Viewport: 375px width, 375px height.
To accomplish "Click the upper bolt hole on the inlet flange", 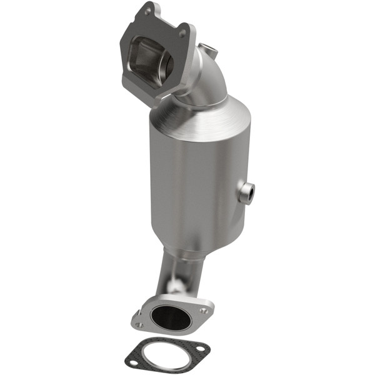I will click(x=148, y=11).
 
